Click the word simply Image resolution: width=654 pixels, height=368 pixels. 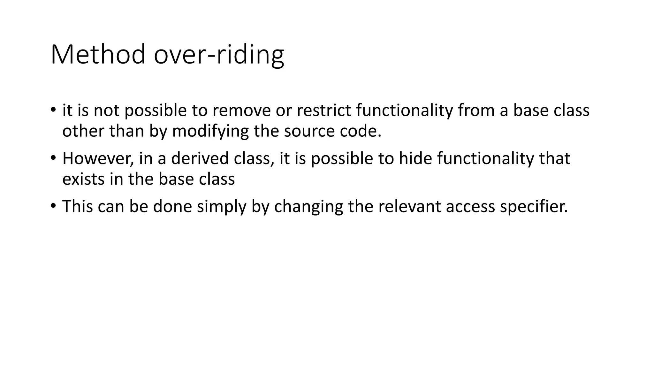pyautogui.click(x=222, y=207)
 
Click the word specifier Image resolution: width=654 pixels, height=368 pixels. pyautogui.click(x=534, y=207)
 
